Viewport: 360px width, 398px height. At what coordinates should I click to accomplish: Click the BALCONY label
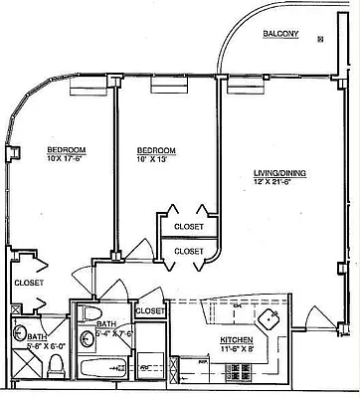[x=280, y=35]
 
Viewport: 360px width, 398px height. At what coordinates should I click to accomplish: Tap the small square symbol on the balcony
[x=320, y=39]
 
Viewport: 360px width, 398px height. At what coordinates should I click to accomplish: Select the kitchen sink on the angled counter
[x=269, y=320]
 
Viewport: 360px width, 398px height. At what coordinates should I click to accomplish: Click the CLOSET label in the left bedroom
[x=29, y=283]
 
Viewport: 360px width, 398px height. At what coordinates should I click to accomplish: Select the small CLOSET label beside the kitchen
[x=149, y=311]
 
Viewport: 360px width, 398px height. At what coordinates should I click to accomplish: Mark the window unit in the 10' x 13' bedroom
[x=163, y=89]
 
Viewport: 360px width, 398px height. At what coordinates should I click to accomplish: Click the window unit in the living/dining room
[x=242, y=89]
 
